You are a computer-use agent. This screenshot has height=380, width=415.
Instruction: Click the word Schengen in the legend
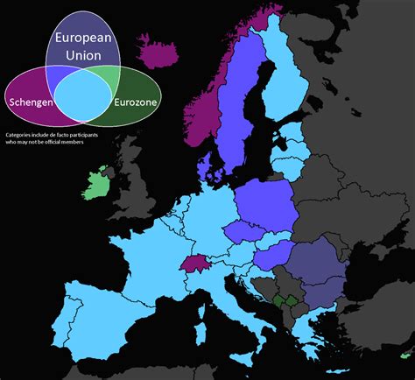(30, 102)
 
